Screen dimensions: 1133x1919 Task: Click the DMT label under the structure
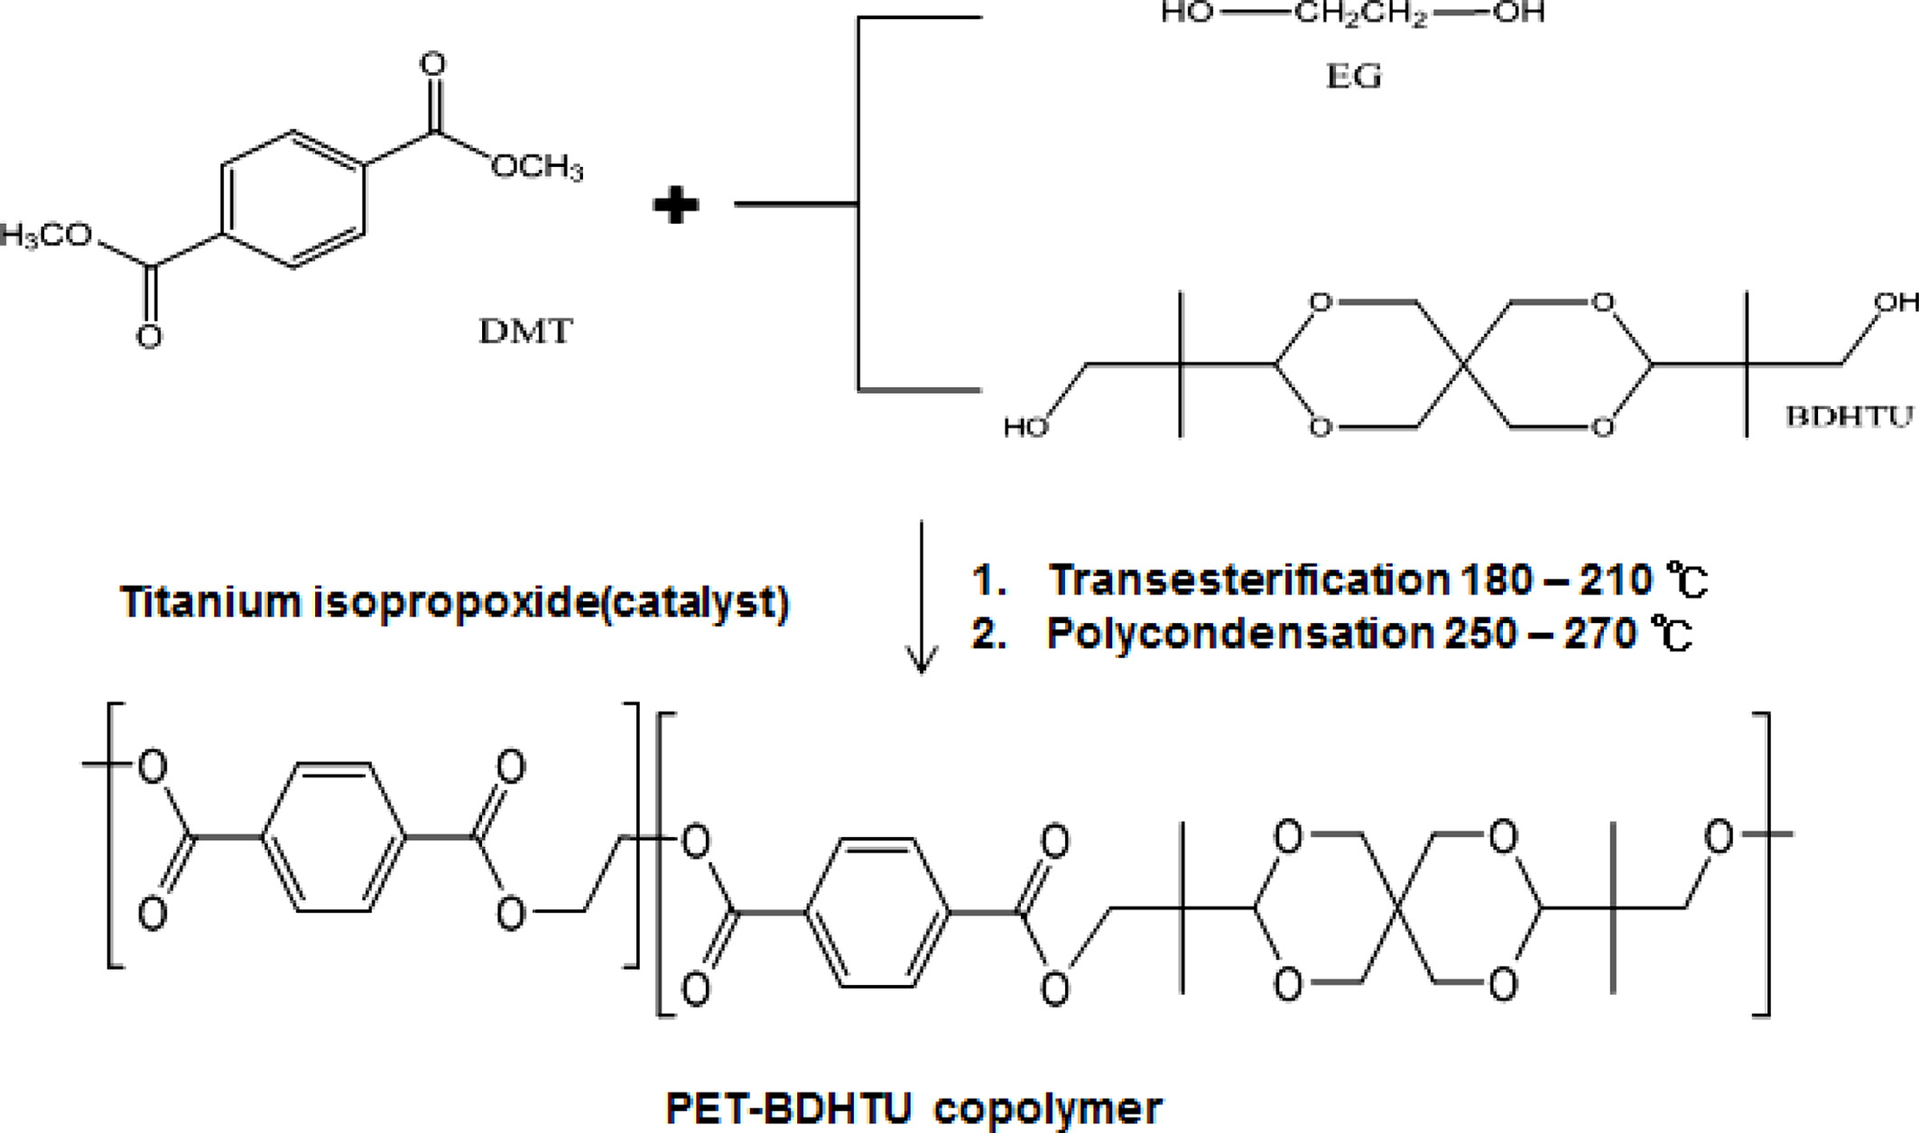tap(525, 332)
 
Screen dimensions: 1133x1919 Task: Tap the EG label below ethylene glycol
tap(1354, 77)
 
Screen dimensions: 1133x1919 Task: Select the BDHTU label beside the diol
tap(1849, 416)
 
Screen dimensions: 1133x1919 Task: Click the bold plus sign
tap(676, 206)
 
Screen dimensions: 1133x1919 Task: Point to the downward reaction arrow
tap(921, 596)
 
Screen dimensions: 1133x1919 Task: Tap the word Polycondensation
tap(1239, 634)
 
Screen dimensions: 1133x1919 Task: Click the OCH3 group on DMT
tap(538, 167)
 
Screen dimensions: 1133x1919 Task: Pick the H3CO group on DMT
tap(45, 236)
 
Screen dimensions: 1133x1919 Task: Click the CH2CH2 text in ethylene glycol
tap(1361, 14)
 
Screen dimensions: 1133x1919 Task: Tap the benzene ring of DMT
tap(293, 200)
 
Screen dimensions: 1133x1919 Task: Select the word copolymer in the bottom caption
tap(1047, 1108)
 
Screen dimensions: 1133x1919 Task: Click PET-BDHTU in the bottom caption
tap(790, 1108)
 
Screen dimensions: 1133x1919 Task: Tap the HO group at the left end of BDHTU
tap(1026, 427)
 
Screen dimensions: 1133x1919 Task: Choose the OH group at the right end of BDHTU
tap(1896, 302)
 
